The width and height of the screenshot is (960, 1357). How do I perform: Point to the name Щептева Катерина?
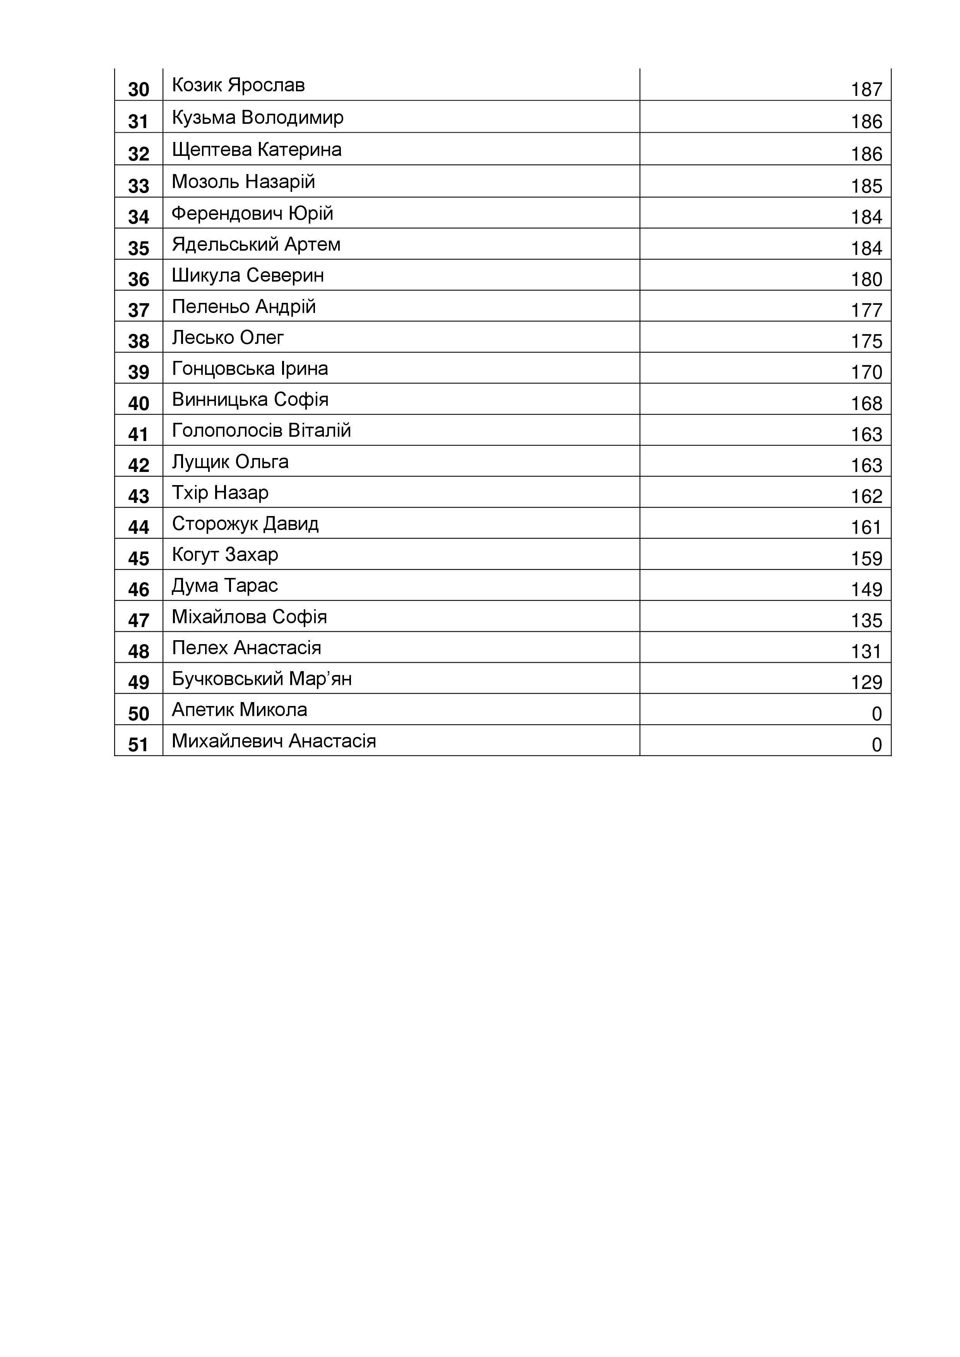click(x=257, y=150)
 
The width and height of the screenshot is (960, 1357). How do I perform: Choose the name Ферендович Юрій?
click(x=252, y=214)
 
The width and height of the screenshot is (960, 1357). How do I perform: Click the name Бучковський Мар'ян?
click(x=262, y=679)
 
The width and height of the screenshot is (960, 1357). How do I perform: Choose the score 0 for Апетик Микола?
click(x=877, y=714)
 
